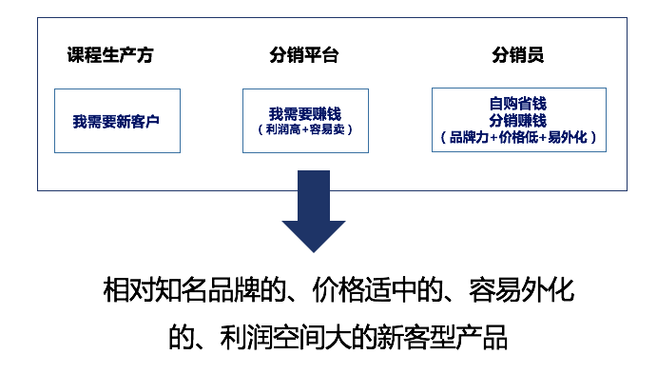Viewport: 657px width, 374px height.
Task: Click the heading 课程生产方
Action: [x=109, y=55]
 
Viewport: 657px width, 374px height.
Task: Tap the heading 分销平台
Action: [x=303, y=55]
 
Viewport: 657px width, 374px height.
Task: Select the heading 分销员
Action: [x=518, y=55]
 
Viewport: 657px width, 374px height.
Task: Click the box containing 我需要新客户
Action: [x=117, y=121]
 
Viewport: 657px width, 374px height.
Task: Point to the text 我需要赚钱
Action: [x=304, y=114]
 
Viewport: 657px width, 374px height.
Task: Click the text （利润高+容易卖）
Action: [x=304, y=129]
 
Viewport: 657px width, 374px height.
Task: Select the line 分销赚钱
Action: [x=518, y=120]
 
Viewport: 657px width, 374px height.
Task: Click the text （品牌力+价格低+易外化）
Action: [x=518, y=137]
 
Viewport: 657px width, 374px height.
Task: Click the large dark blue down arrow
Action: [x=314, y=209]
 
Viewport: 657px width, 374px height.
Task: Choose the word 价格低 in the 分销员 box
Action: [x=518, y=137]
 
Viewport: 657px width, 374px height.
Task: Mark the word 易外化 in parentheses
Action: [x=568, y=137]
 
